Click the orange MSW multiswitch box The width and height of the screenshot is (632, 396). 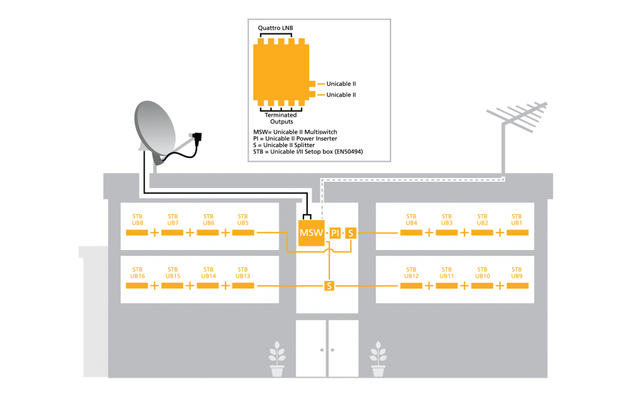pyautogui.click(x=311, y=233)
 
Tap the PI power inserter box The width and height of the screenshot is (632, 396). pyautogui.click(x=335, y=233)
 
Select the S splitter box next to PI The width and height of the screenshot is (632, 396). pyautogui.click(x=351, y=233)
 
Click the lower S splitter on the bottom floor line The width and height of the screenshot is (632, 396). pyautogui.click(x=329, y=285)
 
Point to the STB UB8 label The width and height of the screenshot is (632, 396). pyautogui.click(x=137, y=220)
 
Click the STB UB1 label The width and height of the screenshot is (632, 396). pyautogui.click(x=516, y=220)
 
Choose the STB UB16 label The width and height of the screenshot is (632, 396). pyautogui.click(x=137, y=273)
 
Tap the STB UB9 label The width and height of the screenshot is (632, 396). pyautogui.click(x=516, y=273)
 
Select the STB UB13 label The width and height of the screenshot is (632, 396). pyautogui.click(x=243, y=273)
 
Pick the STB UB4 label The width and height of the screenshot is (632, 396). pyautogui.click(x=411, y=220)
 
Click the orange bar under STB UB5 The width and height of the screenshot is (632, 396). pyautogui.click(x=243, y=232)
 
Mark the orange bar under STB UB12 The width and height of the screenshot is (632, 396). pyautogui.click(x=411, y=285)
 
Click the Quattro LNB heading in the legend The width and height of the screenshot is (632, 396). pyautogui.click(x=276, y=28)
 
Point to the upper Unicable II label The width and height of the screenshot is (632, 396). pyautogui.click(x=341, y=84)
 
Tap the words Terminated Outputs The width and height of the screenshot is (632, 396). pyautogui.click(x=281, y=118)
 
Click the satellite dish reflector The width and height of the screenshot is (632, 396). pyautogui.click(x=155, y=129)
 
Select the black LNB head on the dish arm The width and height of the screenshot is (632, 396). pyautogui.click(x=197, y=138)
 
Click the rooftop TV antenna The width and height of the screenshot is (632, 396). pyautogui.click(x=516, y=117)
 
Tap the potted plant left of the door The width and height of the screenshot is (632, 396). pyautogui.click(x=277, y=359)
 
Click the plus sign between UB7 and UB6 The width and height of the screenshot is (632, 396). pyautogui.click(x=190, y=232)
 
